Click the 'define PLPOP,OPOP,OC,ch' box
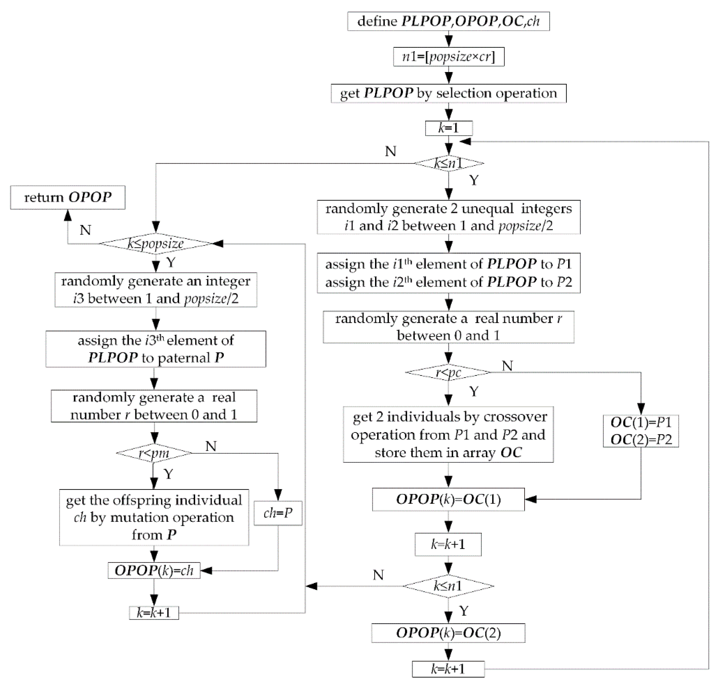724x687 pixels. pyautogui.click(x=448, y=21)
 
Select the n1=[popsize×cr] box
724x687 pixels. pyautogui.click(x=448, y=57)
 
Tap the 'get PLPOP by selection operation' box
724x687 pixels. pyautogui.click(x=448, y=93)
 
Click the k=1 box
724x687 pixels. pyautogui.click(x=448, y=128)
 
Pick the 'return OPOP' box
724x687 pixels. pyautogui.click(x=68, y=197)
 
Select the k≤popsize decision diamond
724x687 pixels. pyautogui.click(x=156, y=244)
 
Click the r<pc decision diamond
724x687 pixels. pyautogui.click(x=448, y=372)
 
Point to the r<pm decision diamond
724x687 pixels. pyautogui.click(x=154, y=453)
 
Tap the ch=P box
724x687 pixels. pyautogui.click(x=278, y=513)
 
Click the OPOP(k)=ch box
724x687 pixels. pyautogui.click(x=154, y=570)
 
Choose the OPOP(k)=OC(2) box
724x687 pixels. pyautogui.click(x=448, y=633)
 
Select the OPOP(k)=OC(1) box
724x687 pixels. pyautogui.click(x=448, y=499)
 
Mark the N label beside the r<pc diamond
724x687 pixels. pyautogui.click(x=507, y=365)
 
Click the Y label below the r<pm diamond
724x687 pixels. pyautogui.click(x=168, y=474)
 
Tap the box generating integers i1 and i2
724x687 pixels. pyautogui.click(x=448, y=217)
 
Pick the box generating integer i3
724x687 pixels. pyautogui.click(x=156, y=290)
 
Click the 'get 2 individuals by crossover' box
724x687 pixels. pyautogui.click(x=448, y=434)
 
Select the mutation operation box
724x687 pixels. pyautogui.click(x=154, y=517)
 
